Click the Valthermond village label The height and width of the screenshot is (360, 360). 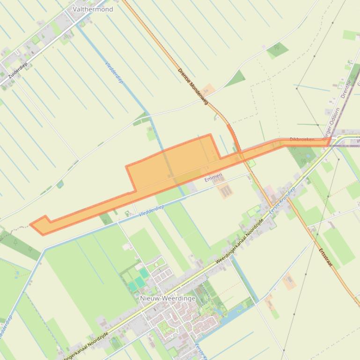(93, 9)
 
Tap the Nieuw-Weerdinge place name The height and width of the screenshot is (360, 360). (168, 298)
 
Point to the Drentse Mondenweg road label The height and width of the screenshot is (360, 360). (192, 86)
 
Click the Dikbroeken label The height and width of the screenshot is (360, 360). (302, 139)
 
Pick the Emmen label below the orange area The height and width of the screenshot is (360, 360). (213, 179)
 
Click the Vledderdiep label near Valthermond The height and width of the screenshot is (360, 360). (114, 73)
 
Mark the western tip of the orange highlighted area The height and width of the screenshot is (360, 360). (31, 225)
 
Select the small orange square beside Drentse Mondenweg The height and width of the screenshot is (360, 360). (209, 89)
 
